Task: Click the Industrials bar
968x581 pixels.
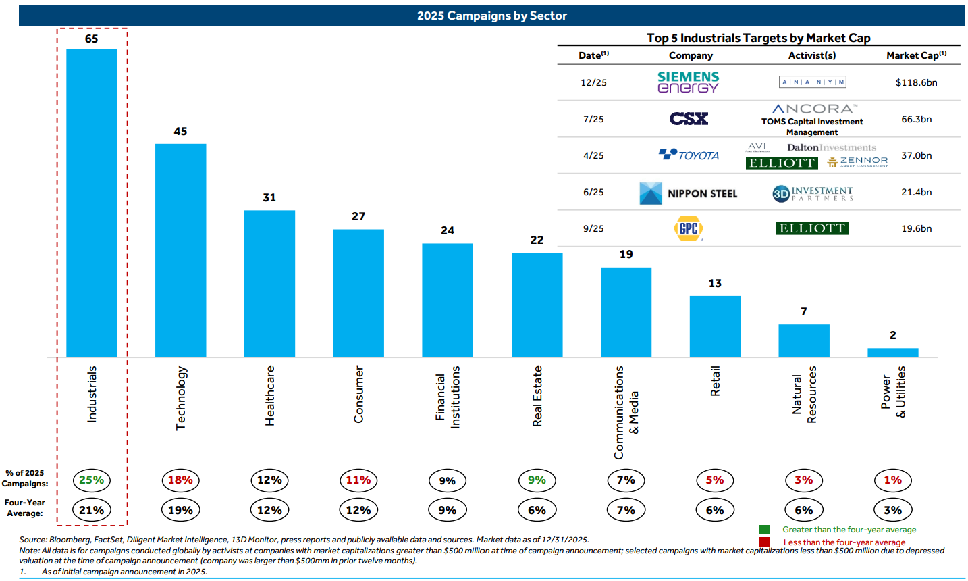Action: tap(92, 203)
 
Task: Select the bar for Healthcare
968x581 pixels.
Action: tap(269, 284)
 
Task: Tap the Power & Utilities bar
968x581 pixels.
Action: tap(892, 353)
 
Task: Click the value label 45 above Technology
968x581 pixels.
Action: tap(180, 131)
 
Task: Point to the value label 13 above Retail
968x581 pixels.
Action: tap(715, 283)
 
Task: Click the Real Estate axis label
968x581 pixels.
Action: tap(537, 396)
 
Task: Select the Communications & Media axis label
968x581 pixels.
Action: tap(626, 412)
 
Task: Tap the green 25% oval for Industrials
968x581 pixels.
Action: tap(92, 480)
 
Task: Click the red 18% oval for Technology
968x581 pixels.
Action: tap(180, 480)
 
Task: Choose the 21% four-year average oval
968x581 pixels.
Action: tap(92, 510)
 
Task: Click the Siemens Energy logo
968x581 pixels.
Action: tap(688, 82)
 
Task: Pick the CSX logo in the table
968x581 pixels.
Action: tap(689, 119)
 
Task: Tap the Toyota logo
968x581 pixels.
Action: tap(689, 155)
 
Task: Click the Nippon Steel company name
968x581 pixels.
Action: tap(702, 193)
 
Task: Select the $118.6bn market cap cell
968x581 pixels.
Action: tap(916, 82)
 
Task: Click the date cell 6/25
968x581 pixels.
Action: tap(593, 192)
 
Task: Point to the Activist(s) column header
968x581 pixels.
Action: tap(811, 55)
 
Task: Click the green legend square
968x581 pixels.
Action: tap(764, 530)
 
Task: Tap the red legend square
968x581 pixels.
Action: tap(764, 542)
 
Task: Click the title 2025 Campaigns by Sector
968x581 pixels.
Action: tap(491, 16)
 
